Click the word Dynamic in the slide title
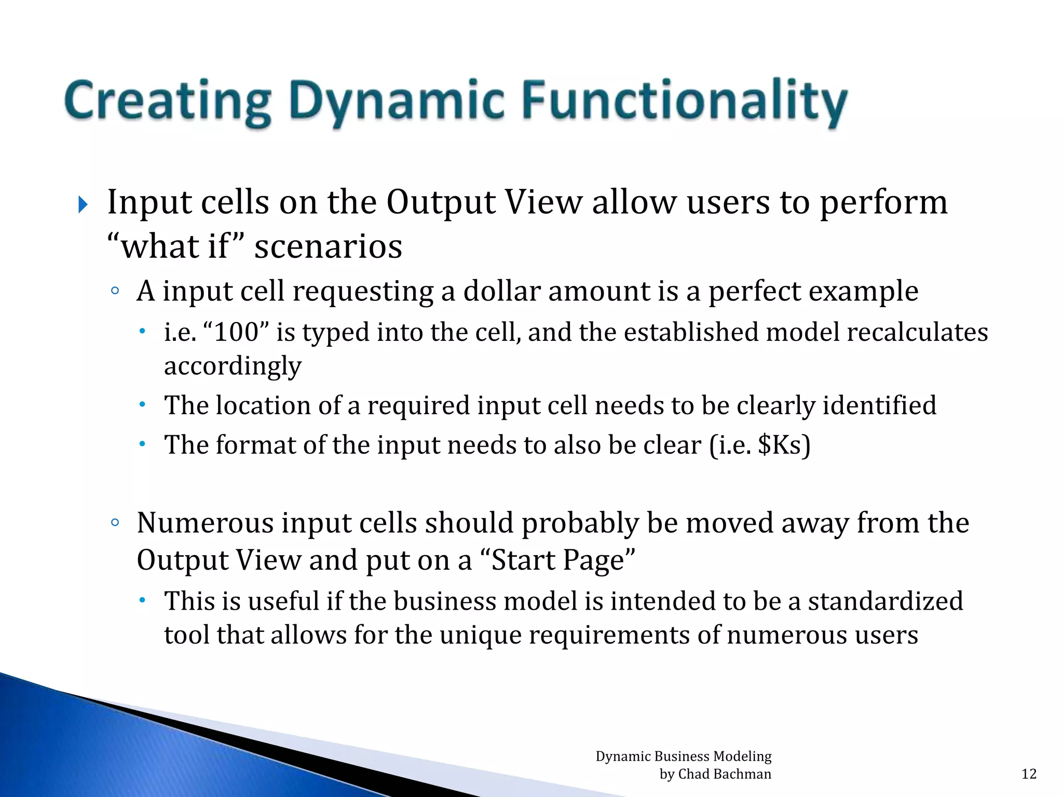point(397,102)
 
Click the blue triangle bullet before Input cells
point(83,204)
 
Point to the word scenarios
point(328,247)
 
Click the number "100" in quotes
point(236,332)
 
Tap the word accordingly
point(233,366)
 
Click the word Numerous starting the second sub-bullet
point(205,523)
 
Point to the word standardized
point(885,601)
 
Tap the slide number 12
point(1029,774)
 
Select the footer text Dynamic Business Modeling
point(683,757)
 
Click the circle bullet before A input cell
point(115,291)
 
